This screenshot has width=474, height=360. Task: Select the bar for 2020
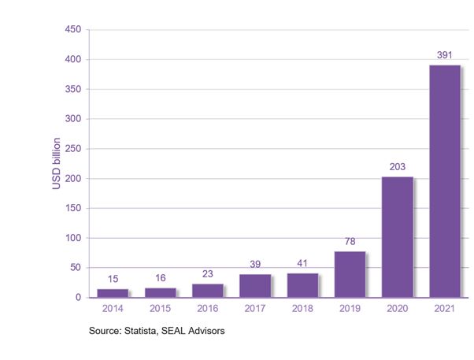[397, 237]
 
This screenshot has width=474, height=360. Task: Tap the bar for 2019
[350, 274]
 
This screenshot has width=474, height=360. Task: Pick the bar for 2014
[113, 293]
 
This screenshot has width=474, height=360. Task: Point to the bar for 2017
[255, 286]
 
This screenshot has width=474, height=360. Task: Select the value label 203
[397, 167]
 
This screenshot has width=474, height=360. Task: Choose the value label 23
[208, 274]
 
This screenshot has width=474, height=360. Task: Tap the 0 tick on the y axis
[78, 298]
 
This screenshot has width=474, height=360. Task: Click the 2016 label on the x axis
[208, 310]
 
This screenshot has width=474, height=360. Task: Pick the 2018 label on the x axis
[302, 310]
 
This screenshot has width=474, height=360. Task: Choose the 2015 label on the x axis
[161, 310]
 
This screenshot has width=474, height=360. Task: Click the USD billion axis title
[57, 164]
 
